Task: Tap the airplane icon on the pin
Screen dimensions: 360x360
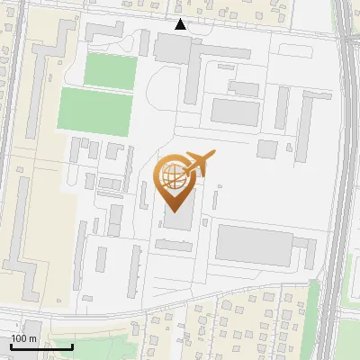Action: (x=197, y=164)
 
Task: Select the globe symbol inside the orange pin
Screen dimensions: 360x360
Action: (x=175, y=175)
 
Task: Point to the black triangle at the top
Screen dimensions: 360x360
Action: (x=181, y=24)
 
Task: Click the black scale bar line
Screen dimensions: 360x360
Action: (x=41, y=346)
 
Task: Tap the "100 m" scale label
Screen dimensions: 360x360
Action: (x=24, y=338)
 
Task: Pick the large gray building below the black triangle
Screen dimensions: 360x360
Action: (x=173, y=48)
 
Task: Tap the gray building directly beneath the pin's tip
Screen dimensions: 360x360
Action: (x=177, y=220)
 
